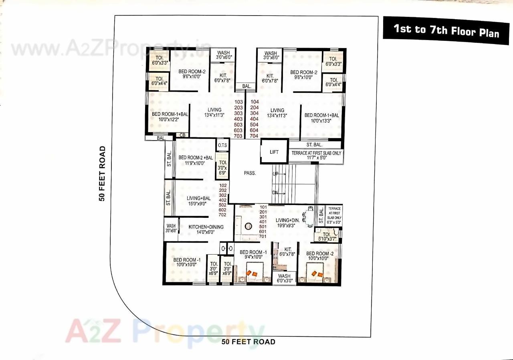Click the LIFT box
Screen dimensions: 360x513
click(274, 152)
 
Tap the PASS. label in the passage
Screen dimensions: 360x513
click(250, 173)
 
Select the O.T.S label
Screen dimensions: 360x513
click(222, 145)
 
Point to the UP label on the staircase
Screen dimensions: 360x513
click(275, 174)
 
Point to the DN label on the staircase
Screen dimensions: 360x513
click(275, 193)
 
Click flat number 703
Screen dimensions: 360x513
click(238, 136)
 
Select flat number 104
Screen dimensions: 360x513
click(254, 102)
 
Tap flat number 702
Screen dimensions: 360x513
click(223, 215)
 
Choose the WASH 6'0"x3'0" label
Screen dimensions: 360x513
click(284, 279)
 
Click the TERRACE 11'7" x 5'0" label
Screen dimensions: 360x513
click(316, 156)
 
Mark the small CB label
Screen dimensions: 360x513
click(182, 135)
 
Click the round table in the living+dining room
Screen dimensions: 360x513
click(248, 226)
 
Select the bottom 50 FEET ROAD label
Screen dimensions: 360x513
click(248, 342)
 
